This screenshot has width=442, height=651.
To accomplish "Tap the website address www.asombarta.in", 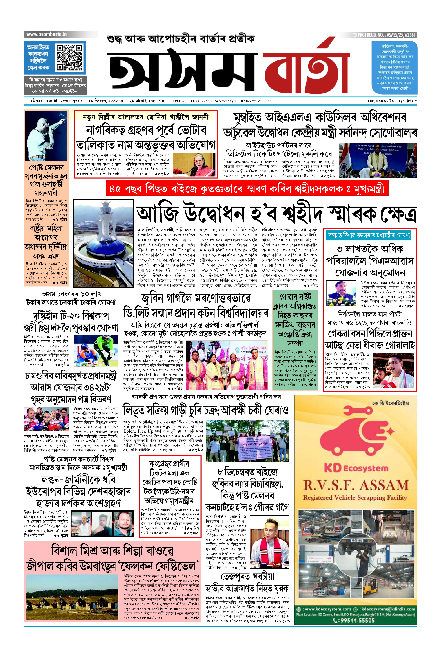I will (x=46, y=34).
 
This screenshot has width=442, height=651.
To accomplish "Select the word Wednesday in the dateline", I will (x=224, y=101).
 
